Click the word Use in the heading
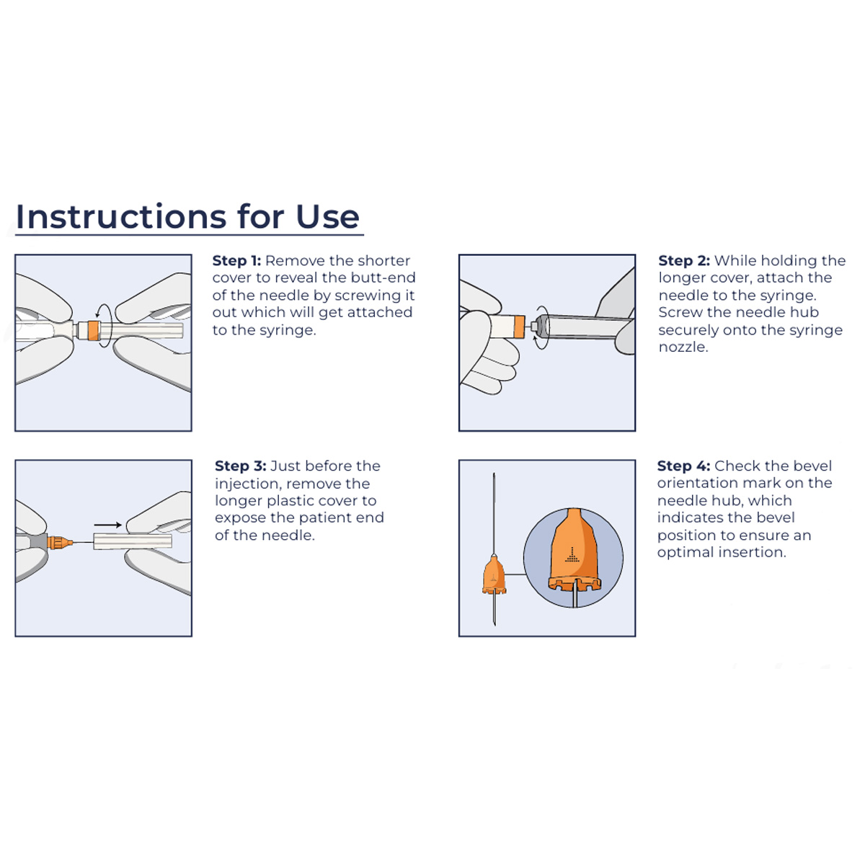(327, 217)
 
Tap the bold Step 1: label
(236, 261)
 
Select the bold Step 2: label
(683, 261)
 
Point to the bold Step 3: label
(240, 466)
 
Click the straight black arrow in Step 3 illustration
(107, 525)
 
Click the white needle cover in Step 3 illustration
(133, 541)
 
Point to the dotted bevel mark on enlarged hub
(572, 554)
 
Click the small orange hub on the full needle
(494, 577)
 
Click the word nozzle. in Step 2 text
(683, 347)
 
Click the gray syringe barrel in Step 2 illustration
(584, 327)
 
